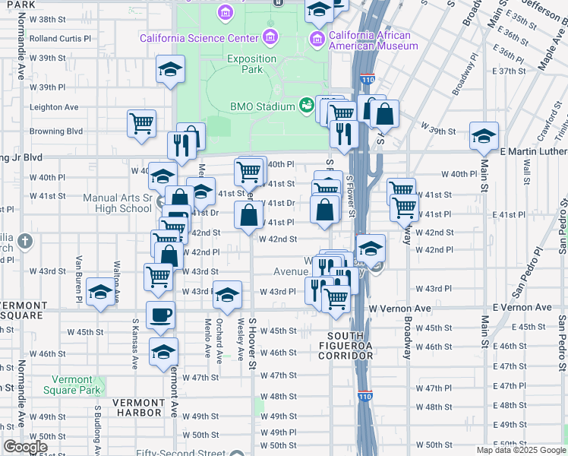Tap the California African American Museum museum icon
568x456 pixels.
click(317, 38)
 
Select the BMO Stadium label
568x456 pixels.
click(263, 106)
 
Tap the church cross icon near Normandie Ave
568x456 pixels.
click(25, 242)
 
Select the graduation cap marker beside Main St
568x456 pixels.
click(483, 136)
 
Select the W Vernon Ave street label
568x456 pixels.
click(399, 309)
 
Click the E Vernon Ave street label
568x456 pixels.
click(522, 307)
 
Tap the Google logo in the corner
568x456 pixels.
click(25, 447)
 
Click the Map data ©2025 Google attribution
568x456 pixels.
click(521, 450)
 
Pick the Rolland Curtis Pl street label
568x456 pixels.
click(60, 38)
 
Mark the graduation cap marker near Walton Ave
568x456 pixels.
click(100, 292)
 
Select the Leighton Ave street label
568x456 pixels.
click(54, 107)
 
